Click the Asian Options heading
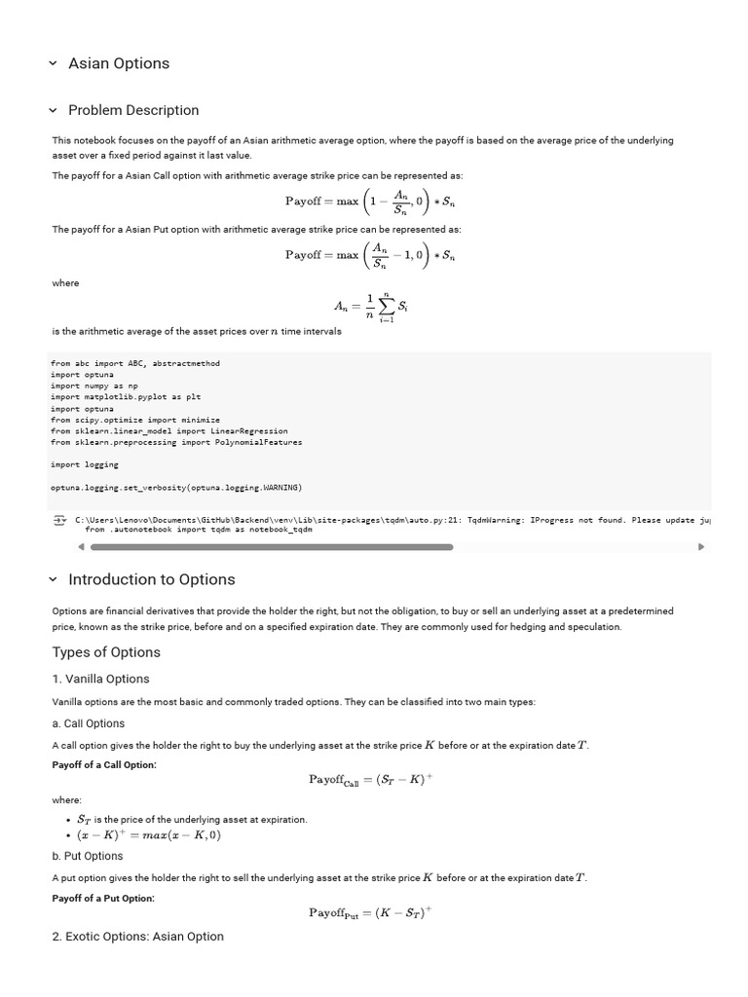coord(118,63)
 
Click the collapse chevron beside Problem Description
coord(54,110)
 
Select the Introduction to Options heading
coord(151,579)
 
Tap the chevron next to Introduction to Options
coord(54,579)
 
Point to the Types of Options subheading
coord(106,652)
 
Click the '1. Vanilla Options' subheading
coord(100,679)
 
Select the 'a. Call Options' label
coord(88,723)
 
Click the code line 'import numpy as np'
coord(94,386)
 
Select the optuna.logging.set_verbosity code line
coord(176,487)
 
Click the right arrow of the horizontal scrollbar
coord(700,547)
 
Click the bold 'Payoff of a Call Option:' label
coord(103,765)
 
